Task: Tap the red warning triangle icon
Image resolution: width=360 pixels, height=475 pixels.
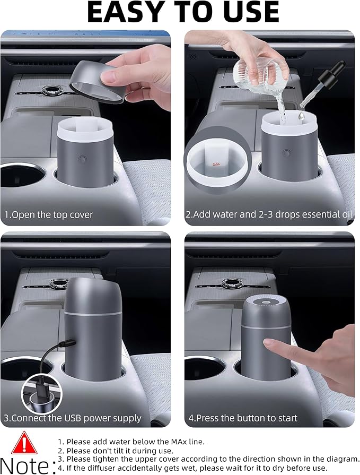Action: point(24,444)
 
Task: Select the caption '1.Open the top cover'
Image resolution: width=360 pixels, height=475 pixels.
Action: point(49,215)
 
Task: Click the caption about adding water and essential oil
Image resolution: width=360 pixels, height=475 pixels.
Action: point(269,215)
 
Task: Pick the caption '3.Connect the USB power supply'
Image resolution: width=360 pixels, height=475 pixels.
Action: point(73,418)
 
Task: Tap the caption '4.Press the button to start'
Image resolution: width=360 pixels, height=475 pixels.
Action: point(243,418)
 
